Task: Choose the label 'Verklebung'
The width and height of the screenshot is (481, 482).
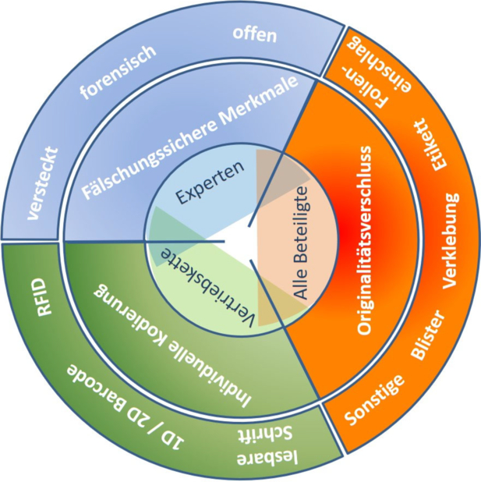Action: point(451,241)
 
